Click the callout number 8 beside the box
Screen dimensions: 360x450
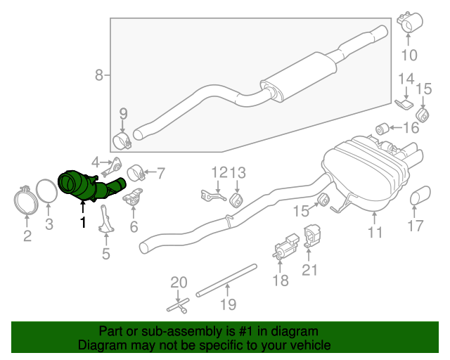99,75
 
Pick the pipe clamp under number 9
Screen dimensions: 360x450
123,138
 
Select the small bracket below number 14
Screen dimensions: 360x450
403,105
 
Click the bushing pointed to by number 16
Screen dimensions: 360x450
385,128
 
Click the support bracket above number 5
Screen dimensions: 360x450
105,221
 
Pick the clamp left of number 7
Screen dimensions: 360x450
136,172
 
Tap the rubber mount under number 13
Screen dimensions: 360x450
238,201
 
